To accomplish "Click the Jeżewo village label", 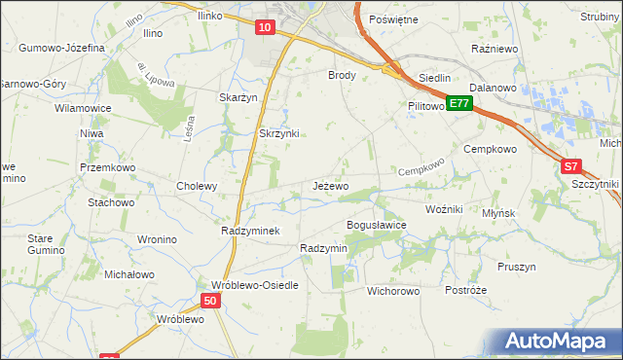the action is click(x=330, y=186).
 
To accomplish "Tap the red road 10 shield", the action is click(x=266, y=28).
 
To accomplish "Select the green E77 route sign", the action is click(x=459, y=102).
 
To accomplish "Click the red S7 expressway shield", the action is click(x=572, y=167).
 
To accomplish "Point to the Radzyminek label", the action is click(x=251, y=231).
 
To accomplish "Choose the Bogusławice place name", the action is click(x=377, y=225).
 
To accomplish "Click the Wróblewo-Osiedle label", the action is click(x=247, y=286).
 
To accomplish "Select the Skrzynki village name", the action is click(x=278, y=133).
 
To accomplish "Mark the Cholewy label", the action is click(x=196, y=186).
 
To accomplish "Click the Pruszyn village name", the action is click(x=517, y=267).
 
